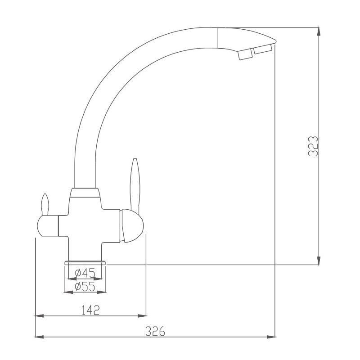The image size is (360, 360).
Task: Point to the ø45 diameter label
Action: (85, 273)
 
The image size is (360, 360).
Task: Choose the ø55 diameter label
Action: (85, 287)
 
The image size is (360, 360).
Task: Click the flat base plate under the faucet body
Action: (85, 262)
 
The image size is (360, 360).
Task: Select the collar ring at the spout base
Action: (85, 193)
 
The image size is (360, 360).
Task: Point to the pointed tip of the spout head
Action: (274, 42)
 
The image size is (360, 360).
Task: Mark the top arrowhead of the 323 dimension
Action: (319, 30)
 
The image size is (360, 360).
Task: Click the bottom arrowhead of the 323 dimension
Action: (319, 261)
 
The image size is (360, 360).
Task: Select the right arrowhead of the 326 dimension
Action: (272, 337)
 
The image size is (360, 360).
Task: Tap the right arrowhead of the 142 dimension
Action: (143, 315)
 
